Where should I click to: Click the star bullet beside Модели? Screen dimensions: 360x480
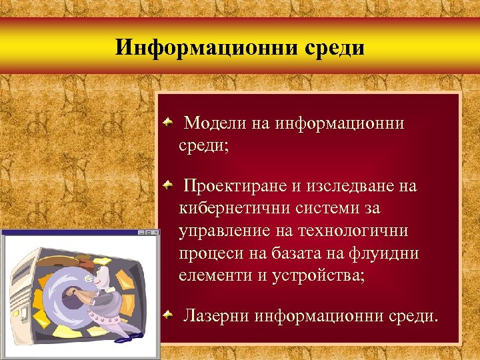pyautogui.click(x=170, y=122)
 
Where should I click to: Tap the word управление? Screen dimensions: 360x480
pyautogui.click(x=223, y=231)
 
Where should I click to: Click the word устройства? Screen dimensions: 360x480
pyautogui.click(x=317, y=275)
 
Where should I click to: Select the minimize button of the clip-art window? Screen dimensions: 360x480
pyautogui.click(x=141, y=233)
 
